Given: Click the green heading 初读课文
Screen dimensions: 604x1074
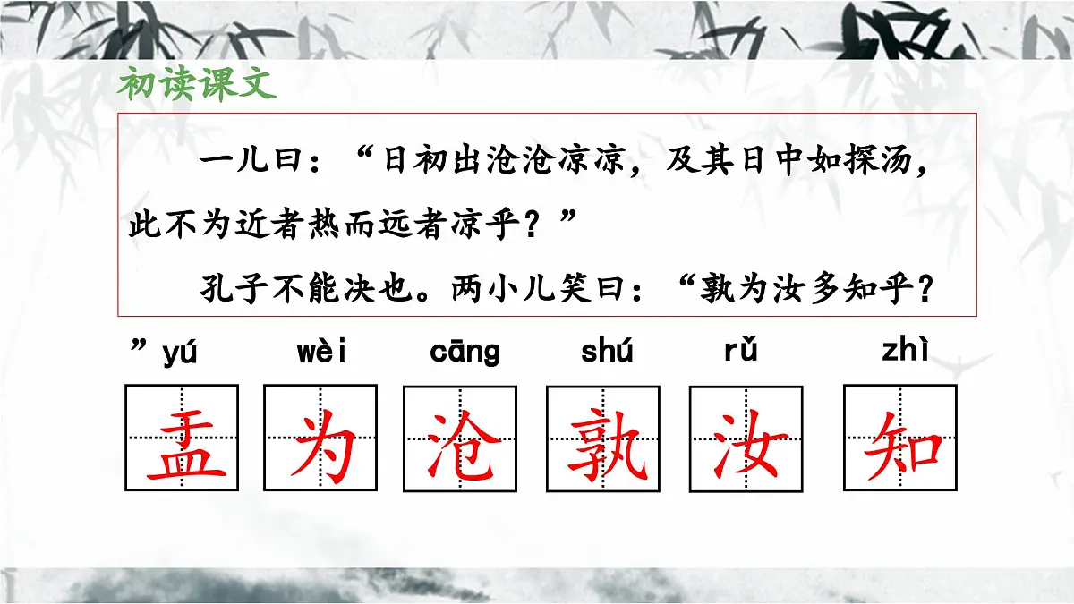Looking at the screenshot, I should click(197, 85).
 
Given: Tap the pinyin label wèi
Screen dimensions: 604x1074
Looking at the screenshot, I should click(321, 353).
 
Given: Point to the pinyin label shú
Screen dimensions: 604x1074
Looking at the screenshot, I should click(607, 352).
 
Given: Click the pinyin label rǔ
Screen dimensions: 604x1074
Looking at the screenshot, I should click(741, 351).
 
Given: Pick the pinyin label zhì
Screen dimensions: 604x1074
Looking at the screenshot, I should click(905, 352).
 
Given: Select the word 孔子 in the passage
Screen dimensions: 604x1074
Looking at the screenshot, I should click(232, 289).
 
